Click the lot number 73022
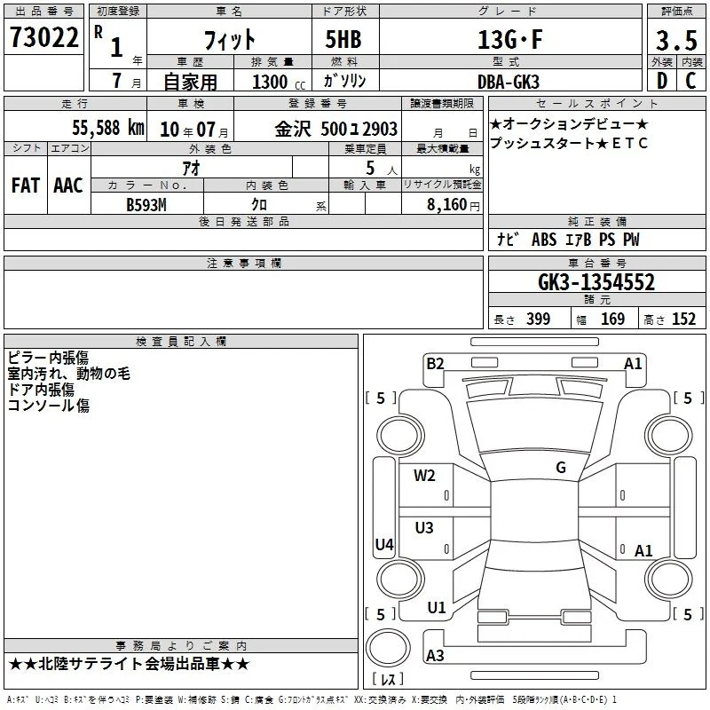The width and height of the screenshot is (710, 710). click(x=43, y=37)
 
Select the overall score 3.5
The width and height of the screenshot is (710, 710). click(x=676, y=40)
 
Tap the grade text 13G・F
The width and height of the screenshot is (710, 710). click(x=509, y=39)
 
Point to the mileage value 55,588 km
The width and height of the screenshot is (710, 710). click(x=108, y=128)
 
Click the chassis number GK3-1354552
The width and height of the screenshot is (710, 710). click(x=596, y=282)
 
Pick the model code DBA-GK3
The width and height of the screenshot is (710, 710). click(x=509, y=82)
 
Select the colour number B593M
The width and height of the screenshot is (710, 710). click(x=146, y=205)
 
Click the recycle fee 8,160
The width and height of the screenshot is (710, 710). click(x=447, y=205)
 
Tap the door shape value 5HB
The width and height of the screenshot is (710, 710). click(x=343, y=39)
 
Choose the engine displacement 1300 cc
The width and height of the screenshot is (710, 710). click(x=279, y=82)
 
